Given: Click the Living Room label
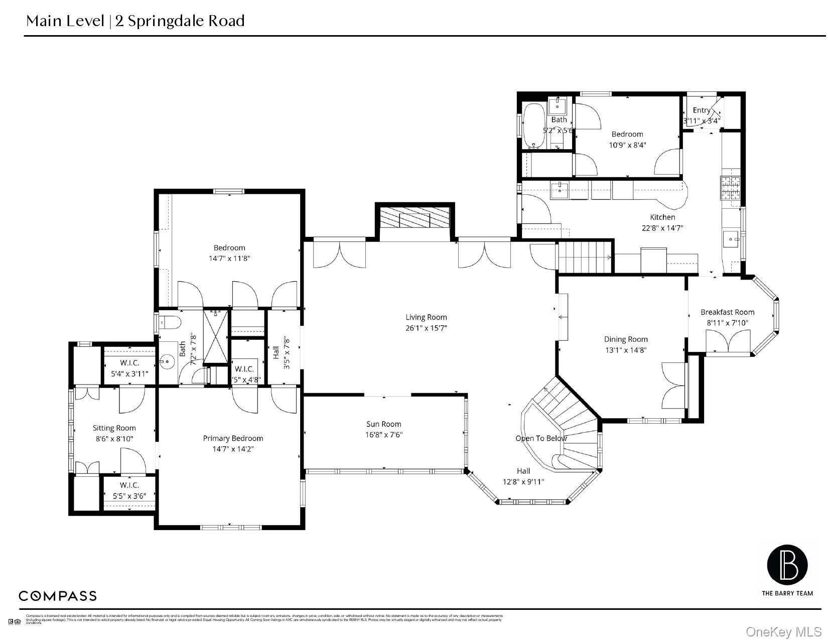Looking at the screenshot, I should [426, 317].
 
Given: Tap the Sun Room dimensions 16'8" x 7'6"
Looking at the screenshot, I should [383, 435].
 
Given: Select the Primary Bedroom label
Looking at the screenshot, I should [233, 438].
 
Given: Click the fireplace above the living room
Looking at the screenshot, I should [415, 218].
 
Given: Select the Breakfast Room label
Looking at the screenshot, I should [727, 312].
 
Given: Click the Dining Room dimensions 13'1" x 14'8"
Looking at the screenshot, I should [625, 350].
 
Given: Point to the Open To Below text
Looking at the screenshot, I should [541, 438].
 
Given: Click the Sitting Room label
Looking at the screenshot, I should [114, 428].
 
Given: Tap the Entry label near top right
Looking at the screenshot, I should [701, 110].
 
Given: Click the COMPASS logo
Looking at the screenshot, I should [58, 596].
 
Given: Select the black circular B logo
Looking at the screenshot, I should [787, 565].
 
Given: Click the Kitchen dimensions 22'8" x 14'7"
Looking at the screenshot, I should [662, 228].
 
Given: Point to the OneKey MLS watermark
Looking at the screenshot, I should [783, 631].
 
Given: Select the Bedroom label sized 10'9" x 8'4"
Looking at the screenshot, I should [627, 134].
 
